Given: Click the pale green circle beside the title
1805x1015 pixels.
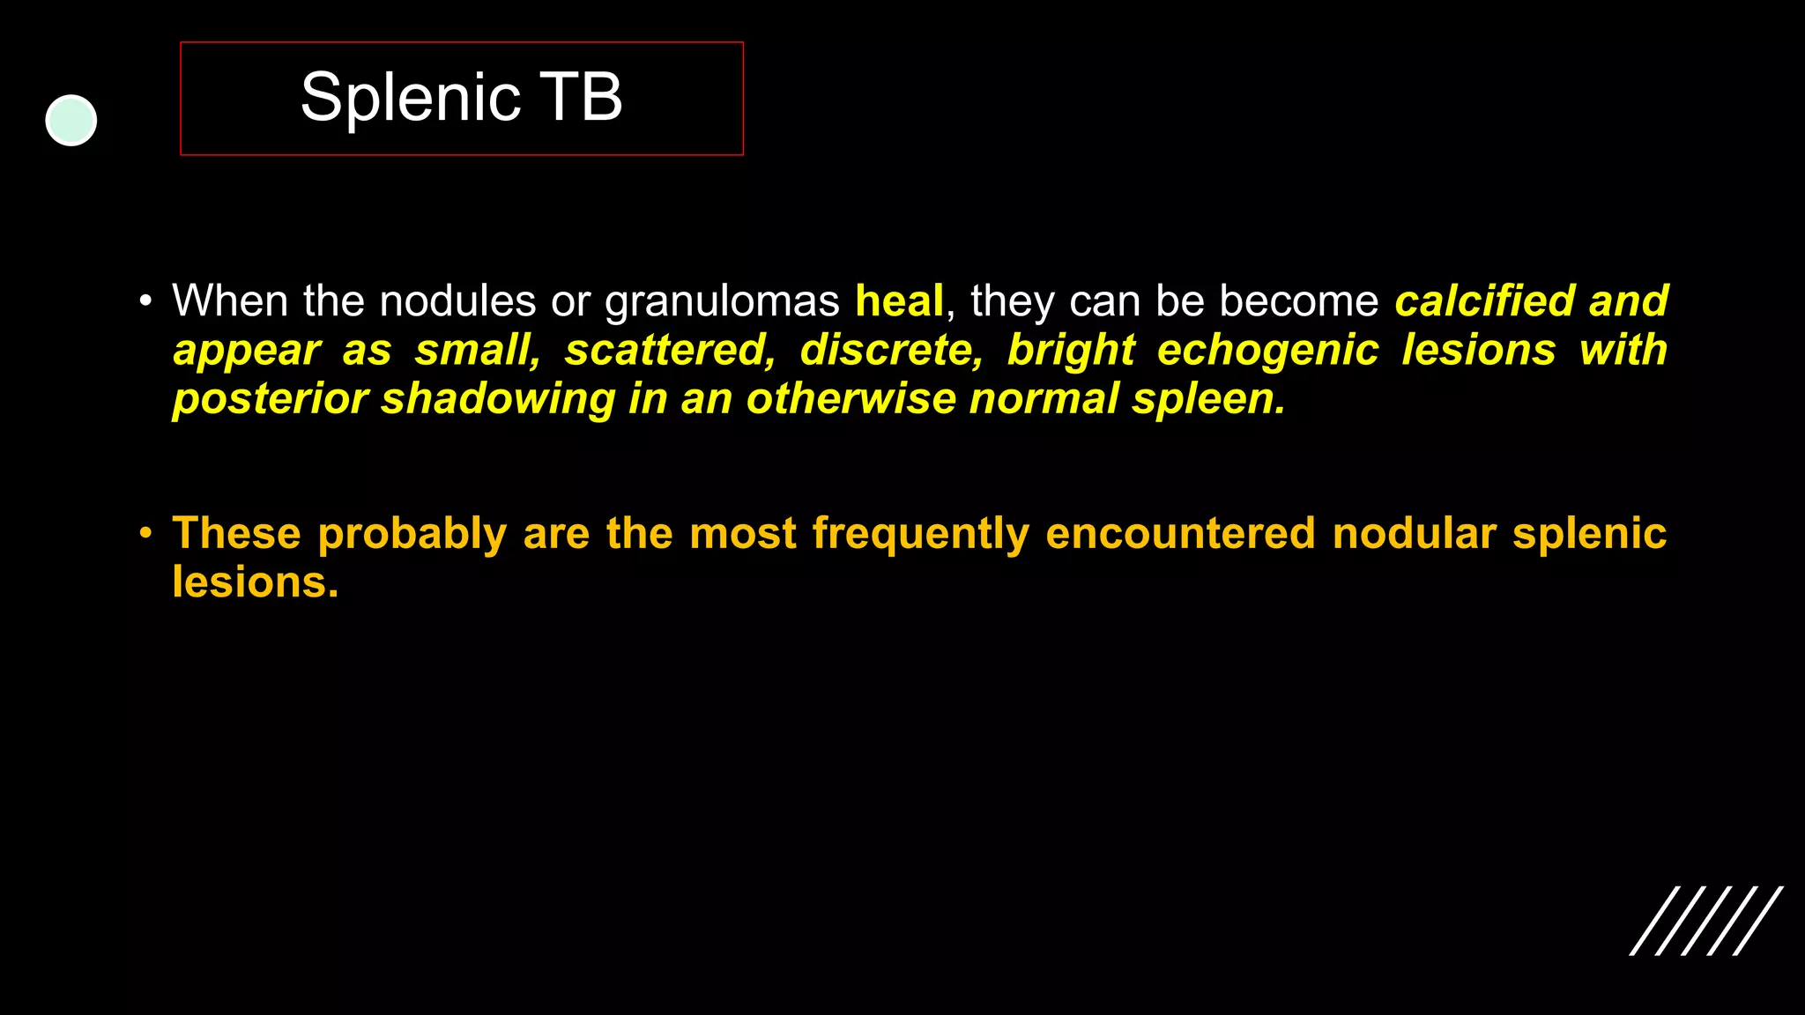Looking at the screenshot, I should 71,121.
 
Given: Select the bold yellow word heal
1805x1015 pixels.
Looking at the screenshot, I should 899,301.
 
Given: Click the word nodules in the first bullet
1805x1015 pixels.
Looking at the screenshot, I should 457,301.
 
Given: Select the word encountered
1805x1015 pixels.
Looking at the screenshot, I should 1180,534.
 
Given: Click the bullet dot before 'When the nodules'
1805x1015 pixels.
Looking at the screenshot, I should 145,301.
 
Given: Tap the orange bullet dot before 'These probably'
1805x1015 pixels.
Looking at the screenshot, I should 145,533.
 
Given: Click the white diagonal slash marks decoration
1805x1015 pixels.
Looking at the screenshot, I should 1706,921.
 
